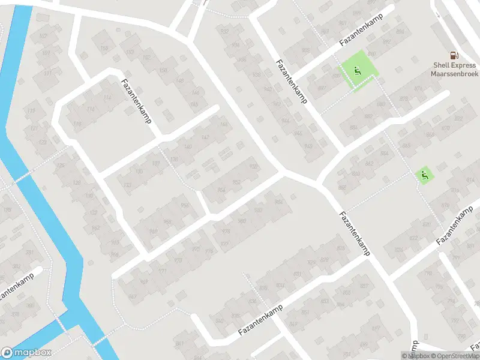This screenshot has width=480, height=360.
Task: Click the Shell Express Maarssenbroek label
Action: point(455,70)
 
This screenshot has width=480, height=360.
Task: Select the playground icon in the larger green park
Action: point(358,71)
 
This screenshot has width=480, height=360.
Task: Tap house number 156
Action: point(104,49)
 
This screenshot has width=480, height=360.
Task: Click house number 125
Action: point(59,166)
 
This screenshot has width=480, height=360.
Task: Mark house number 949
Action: point(308,146)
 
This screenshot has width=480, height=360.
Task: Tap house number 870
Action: point(445,128)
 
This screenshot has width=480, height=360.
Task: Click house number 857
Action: point(364,286)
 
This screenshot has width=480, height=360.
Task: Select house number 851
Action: point(305,313)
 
